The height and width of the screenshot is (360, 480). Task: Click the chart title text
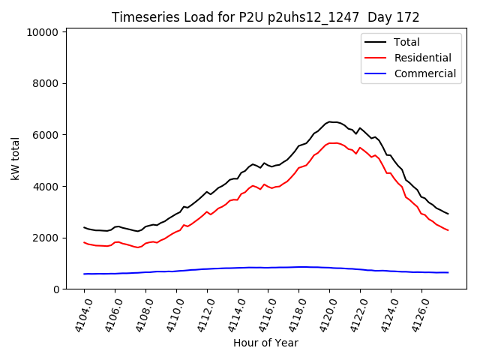[265, 17]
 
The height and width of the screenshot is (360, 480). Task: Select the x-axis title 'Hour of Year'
[265, 343]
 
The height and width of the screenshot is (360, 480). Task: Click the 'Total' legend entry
[407, 43]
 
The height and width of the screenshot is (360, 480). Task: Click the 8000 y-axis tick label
[44, 84]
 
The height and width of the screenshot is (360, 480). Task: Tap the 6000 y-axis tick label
[44, 135]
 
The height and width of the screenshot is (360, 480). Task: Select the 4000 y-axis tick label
[44, 187]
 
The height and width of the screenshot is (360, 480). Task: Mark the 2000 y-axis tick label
[44, 238]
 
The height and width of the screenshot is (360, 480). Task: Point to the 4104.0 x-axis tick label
[77, 313]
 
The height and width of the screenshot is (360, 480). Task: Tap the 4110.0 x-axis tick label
[169, 313]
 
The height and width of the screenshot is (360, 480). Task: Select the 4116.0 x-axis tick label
[261, 313]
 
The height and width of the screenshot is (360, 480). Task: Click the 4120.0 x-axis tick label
[322, 313]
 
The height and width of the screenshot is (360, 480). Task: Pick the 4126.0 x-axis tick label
[414, 313]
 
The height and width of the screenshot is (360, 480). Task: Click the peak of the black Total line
[330, 121]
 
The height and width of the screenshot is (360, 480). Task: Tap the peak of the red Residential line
[331, 142]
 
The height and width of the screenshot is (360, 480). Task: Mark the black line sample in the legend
[377, 43]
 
